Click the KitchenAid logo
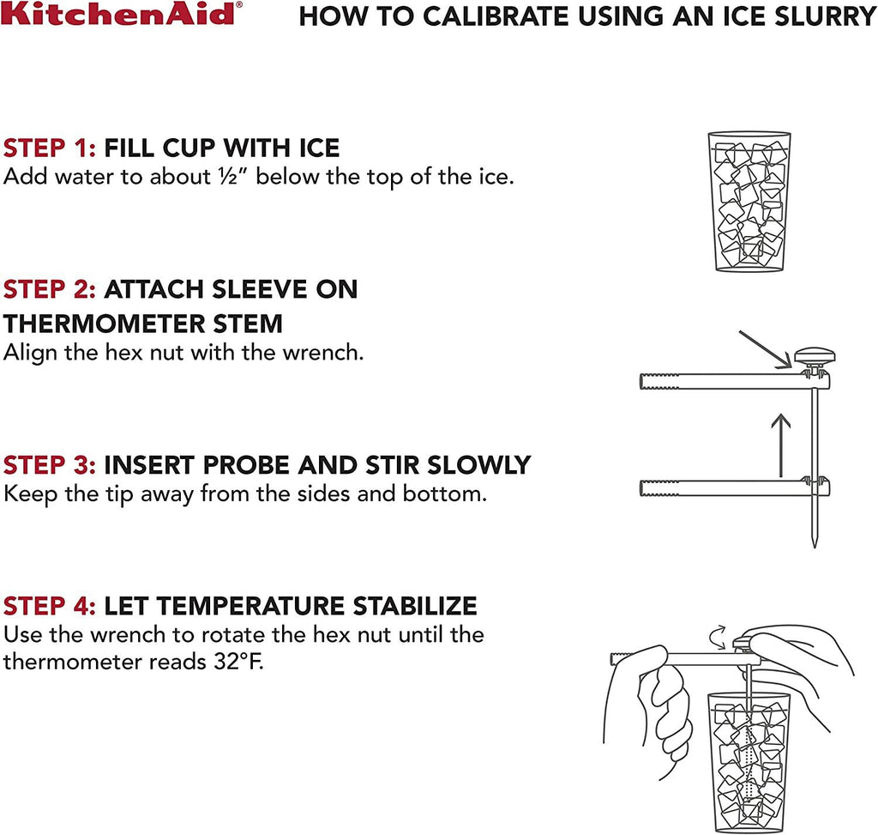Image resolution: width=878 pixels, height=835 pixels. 122,14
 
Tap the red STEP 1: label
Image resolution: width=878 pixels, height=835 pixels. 49,148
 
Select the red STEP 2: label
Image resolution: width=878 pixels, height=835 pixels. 49,289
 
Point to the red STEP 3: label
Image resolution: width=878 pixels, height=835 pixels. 49,465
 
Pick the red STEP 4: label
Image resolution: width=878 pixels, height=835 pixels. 49,606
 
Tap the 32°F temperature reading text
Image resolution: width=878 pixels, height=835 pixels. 238,662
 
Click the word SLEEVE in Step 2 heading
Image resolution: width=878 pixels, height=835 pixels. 260,289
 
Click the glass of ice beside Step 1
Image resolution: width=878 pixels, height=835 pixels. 749,202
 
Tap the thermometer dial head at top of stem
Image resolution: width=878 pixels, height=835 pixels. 815,355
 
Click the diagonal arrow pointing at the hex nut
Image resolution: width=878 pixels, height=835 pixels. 766,349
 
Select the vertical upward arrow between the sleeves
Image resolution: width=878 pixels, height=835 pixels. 780,445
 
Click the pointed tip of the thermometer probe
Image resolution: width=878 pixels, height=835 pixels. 815,547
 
